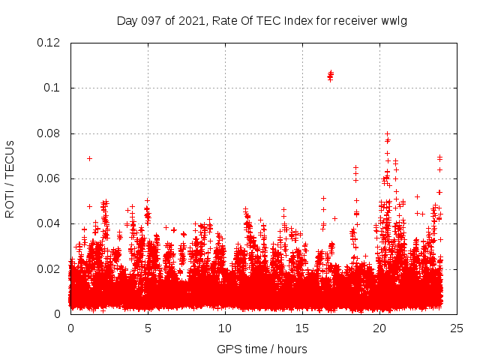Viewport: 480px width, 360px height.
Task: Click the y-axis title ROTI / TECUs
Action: [x=10, y=179]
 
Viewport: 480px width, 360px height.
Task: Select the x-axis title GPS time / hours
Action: [x=262, y=349]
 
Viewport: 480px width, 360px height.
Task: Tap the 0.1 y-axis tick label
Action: [x=54, y=88]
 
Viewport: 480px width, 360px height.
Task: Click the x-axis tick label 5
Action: [x=148, y=328]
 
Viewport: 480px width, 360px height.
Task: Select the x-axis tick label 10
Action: [x=225, y=328]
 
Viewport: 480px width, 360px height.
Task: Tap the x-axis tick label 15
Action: [x=302, y=328]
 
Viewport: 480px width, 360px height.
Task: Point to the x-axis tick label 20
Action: [x=379, y=328]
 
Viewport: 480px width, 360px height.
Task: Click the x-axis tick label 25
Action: [x=457, y=328]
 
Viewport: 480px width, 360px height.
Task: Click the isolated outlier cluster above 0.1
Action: [x=330, y=75]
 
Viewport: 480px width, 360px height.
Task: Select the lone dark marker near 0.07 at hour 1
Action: [x=89, y=158]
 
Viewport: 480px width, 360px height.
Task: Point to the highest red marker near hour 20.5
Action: [x=387, y=133]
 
